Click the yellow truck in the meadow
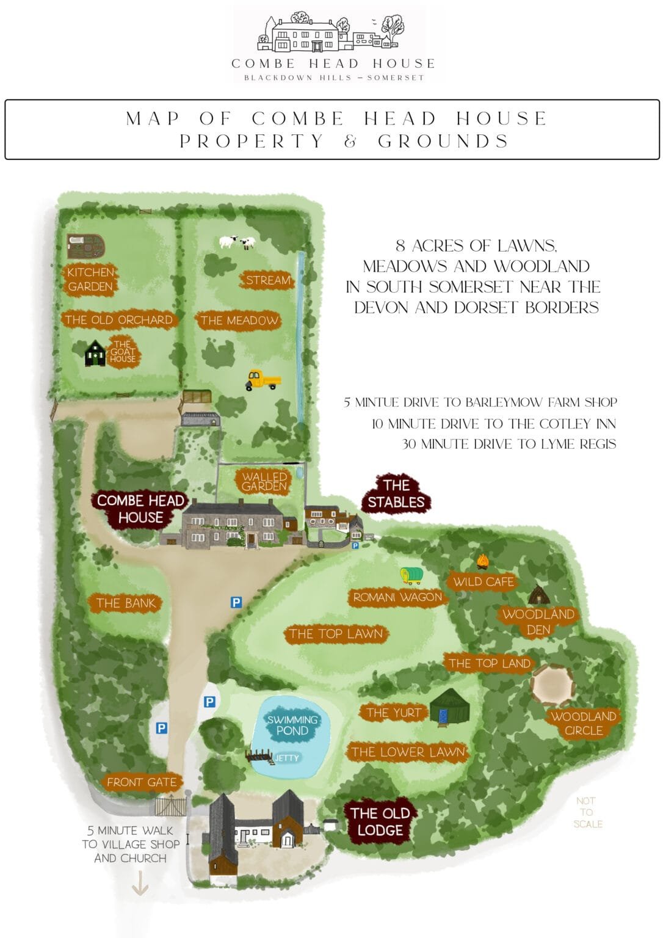coord(263,380)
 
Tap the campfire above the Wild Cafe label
coord(483,560)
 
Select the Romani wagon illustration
coord(411,575)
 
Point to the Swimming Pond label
coord(292,725)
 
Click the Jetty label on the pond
coord(286,758)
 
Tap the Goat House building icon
coord(95,353)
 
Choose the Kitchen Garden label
coord(90,279)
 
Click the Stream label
coord(268,280)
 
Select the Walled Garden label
coord(264,481)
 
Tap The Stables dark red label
coord(396,493)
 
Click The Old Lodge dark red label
coord(380,821)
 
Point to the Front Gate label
coord(141,782)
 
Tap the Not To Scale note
coord(587,812)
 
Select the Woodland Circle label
coord(583,723)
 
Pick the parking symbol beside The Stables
coord(355,546)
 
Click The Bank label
coord(125,603)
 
